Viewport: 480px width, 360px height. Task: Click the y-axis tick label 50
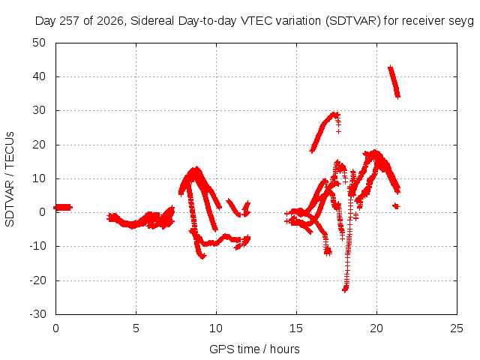[39, 43]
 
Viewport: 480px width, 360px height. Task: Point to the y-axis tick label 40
[39, 76]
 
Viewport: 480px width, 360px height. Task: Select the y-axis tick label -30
[37, 314]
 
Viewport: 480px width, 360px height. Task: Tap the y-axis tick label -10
[37, 246]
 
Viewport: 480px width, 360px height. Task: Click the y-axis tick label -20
[37, 280]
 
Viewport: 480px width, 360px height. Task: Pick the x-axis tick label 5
[136, 328]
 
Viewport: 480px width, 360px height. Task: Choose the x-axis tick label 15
[296, 328]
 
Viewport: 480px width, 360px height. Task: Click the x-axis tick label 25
[457, 328]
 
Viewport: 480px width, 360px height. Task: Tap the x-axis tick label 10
[216, 328]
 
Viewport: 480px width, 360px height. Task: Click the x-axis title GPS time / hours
[254, 349]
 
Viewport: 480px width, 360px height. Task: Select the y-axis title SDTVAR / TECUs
[10, 179]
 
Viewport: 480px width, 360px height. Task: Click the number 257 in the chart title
[70, 21]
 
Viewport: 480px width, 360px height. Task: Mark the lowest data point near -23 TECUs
[345, 289]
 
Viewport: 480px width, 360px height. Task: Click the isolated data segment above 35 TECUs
[394, 82]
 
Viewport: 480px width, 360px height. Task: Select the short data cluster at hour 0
[63, 208]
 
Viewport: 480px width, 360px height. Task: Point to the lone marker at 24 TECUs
[338, 132]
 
